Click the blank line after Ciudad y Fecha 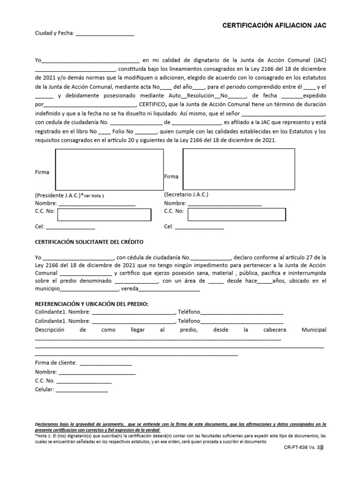coord(105,34)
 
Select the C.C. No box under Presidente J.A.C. coord(104,215)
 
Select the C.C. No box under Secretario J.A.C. coord(233,214)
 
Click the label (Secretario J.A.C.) coord(186,194)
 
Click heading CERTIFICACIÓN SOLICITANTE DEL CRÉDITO coord(90,242)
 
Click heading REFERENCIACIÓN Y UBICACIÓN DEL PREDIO coord(92,304)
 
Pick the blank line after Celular coord(82,390)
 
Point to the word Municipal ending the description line coord(314,330)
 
